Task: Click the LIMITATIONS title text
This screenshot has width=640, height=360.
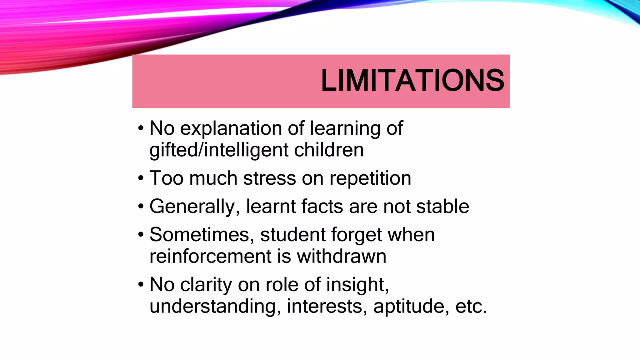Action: click(x=412, y=81)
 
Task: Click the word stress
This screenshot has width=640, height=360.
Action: click(x=269, y=178)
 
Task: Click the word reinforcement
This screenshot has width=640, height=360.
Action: click(x=210, y=256)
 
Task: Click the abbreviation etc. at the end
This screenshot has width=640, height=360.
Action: click(x=471, y=306)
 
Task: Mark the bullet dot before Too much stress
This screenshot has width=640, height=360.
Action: click(x=141, y=178)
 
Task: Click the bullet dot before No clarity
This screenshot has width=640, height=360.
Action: click(x=141, y=285)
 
